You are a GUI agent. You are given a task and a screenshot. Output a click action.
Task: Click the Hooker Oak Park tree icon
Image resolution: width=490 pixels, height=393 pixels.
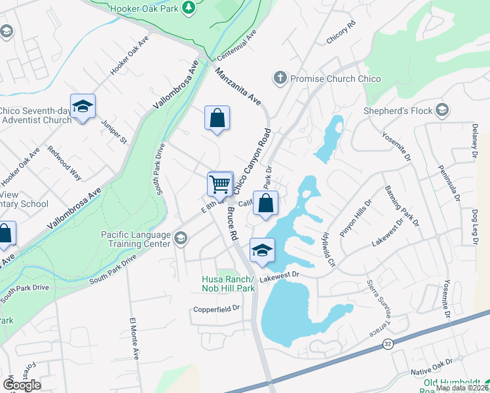point(189,7)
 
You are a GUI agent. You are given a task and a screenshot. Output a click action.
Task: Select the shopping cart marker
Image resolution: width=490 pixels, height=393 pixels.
point(220,183)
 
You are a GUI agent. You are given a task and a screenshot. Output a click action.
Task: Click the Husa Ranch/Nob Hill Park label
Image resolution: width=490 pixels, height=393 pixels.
point(227,284)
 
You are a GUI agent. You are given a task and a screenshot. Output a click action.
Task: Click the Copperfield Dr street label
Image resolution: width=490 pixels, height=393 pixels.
point(217,309)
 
